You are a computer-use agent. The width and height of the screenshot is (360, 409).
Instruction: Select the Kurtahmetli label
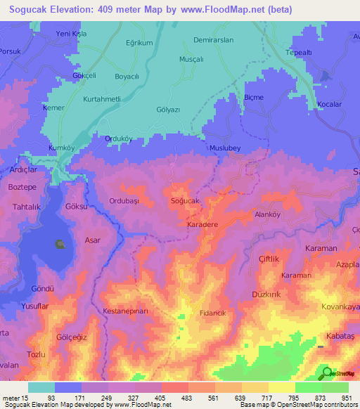108,99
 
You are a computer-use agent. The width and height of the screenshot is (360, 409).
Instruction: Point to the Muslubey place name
225,148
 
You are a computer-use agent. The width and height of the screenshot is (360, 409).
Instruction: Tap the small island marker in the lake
60,245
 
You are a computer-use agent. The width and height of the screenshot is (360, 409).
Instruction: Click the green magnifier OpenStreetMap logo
326,374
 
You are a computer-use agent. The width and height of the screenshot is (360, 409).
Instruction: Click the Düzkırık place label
266,295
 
